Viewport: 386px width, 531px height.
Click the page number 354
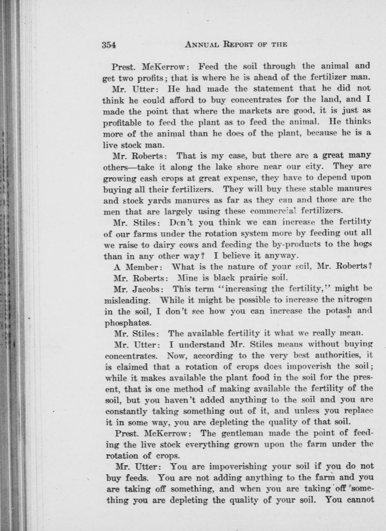click(x=109, y=45)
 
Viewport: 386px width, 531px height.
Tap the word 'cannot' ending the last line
click(x=359, y=500)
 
